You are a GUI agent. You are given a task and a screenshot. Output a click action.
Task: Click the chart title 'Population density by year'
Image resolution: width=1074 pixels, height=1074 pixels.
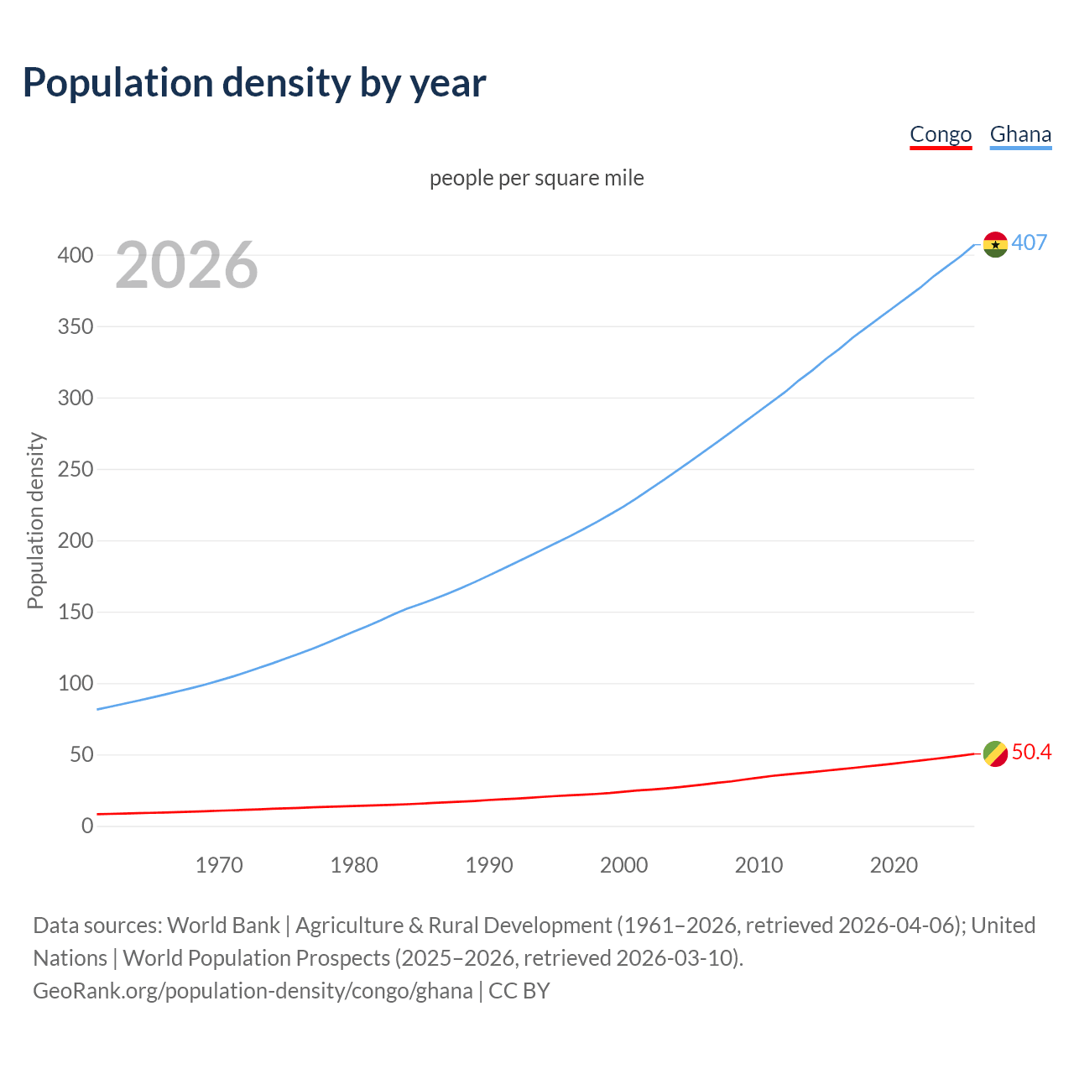[x=254, y=83]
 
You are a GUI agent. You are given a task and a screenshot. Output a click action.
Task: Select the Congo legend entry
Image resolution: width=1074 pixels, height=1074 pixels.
[x=941, y=134]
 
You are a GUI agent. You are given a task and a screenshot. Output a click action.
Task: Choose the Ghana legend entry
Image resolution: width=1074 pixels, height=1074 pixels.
[x=1020, y=134]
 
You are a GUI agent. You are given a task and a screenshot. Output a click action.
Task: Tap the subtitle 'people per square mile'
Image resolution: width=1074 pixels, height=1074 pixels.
[x=537, y=178]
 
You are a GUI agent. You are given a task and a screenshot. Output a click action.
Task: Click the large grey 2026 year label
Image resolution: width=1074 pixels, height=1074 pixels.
[x=186, y=265]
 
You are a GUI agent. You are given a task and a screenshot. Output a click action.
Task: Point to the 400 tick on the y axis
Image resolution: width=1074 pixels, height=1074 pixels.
[x=76, y=255]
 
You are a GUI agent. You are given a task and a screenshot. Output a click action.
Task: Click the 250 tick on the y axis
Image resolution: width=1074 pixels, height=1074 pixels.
[x=76, y=469]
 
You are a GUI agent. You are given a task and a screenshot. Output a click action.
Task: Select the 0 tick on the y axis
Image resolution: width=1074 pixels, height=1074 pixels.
[x=87, y=826]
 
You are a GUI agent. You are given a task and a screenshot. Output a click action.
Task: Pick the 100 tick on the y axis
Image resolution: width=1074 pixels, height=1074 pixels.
[x=76, y=683]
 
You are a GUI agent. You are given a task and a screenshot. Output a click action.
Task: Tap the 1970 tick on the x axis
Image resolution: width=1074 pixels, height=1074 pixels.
[x=219, y=864]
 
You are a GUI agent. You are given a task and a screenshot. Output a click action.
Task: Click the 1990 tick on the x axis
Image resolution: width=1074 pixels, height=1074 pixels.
[x=489, y=864]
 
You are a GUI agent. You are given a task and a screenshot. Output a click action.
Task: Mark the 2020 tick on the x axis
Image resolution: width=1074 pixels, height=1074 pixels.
[x=894, y=864]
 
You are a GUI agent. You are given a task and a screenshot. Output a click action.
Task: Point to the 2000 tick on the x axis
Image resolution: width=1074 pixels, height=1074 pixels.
[x=624, y=864]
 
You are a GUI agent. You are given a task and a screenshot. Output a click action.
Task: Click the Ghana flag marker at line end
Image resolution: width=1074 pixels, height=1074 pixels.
[x=995, y=244]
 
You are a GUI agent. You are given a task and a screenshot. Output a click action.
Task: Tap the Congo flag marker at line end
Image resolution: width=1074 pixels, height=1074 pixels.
[x=995, y=753]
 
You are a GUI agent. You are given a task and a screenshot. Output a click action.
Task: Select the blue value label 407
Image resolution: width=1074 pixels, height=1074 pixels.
[x=1030, y=242]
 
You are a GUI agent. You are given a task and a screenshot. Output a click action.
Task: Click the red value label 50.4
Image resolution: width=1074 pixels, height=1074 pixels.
[x=1031, y=752]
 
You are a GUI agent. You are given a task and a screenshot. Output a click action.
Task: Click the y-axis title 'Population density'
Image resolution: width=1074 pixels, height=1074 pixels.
[x=35, y=520]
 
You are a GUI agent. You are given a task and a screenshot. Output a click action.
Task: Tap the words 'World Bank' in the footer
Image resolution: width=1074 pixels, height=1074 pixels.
[x=223, y=925]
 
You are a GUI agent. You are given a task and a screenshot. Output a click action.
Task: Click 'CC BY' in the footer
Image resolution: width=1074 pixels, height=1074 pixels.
[x=519, y=990]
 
